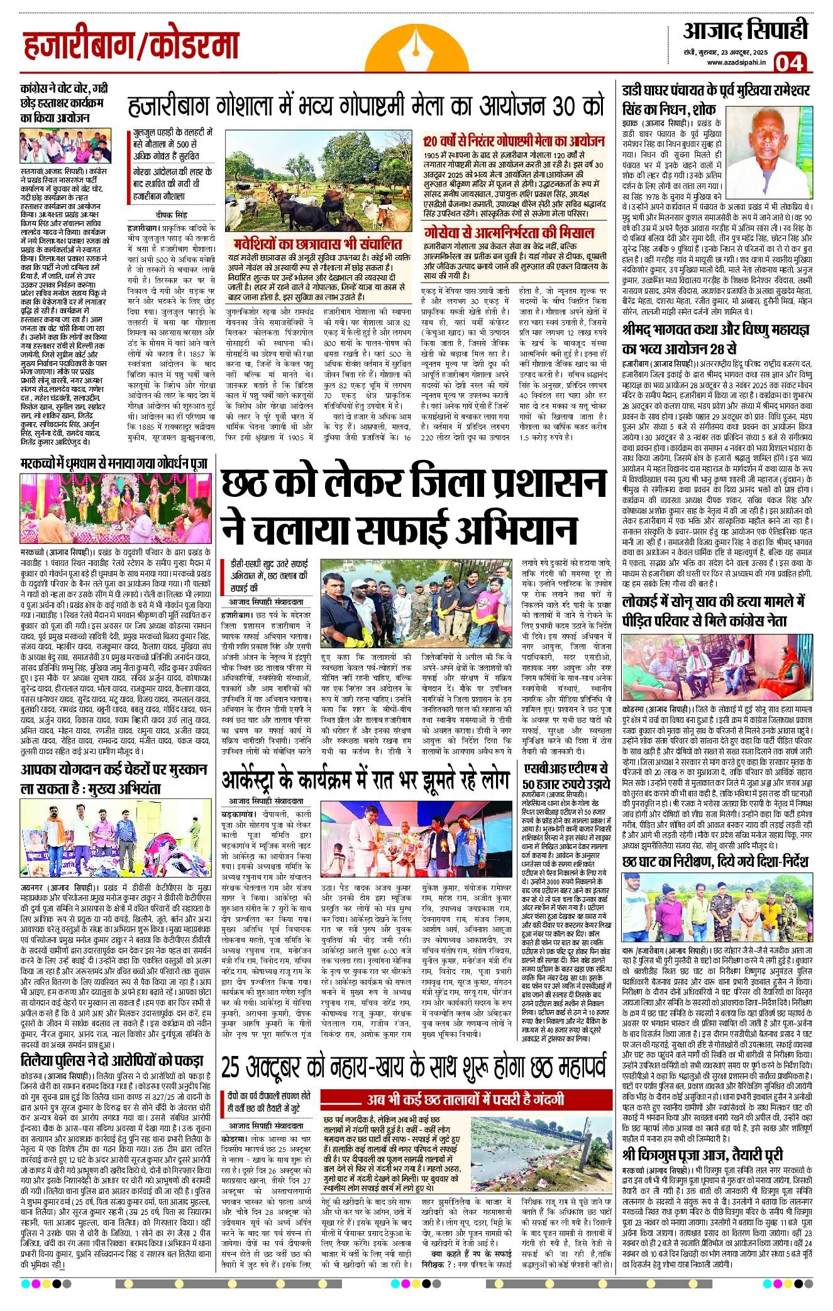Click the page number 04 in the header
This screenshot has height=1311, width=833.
[789, 62]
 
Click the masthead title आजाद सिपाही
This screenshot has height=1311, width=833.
[745, 30]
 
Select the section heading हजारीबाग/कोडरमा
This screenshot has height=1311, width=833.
[131, 46]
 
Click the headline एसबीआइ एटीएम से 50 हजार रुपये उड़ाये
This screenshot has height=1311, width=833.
[566, 775]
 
